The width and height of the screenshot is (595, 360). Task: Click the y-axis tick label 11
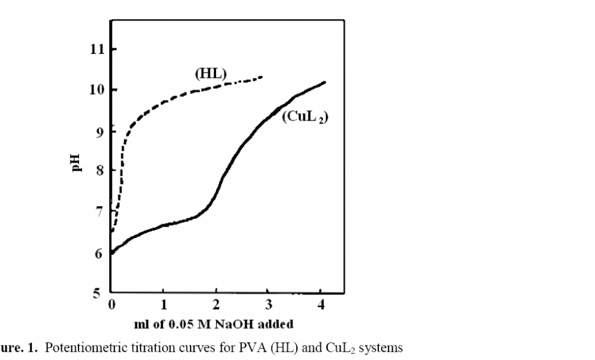click(96, 49)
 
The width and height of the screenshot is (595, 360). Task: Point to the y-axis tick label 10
click(96, 90)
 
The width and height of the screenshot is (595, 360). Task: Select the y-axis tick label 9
click(100, 131)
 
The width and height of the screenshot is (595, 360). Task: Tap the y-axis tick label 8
click(100, 171)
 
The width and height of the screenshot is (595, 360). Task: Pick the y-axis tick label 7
click(100, 212)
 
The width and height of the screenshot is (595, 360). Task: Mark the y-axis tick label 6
click(100, 253)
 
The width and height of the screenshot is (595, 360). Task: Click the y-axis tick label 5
click(100, 293)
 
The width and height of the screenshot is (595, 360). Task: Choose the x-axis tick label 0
click(112, 305)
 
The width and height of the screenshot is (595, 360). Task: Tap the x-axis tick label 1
click(164, 305)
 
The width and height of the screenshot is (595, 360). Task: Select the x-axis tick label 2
click(216, 305)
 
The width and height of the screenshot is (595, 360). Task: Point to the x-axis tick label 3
click(268, 305)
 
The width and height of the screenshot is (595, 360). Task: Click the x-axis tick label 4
click(321, 305)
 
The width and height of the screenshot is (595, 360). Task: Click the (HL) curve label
click(210, 74)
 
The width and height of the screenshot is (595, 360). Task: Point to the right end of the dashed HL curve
click(263, 77)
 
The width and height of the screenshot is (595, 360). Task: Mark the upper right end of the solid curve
click(324, 82)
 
